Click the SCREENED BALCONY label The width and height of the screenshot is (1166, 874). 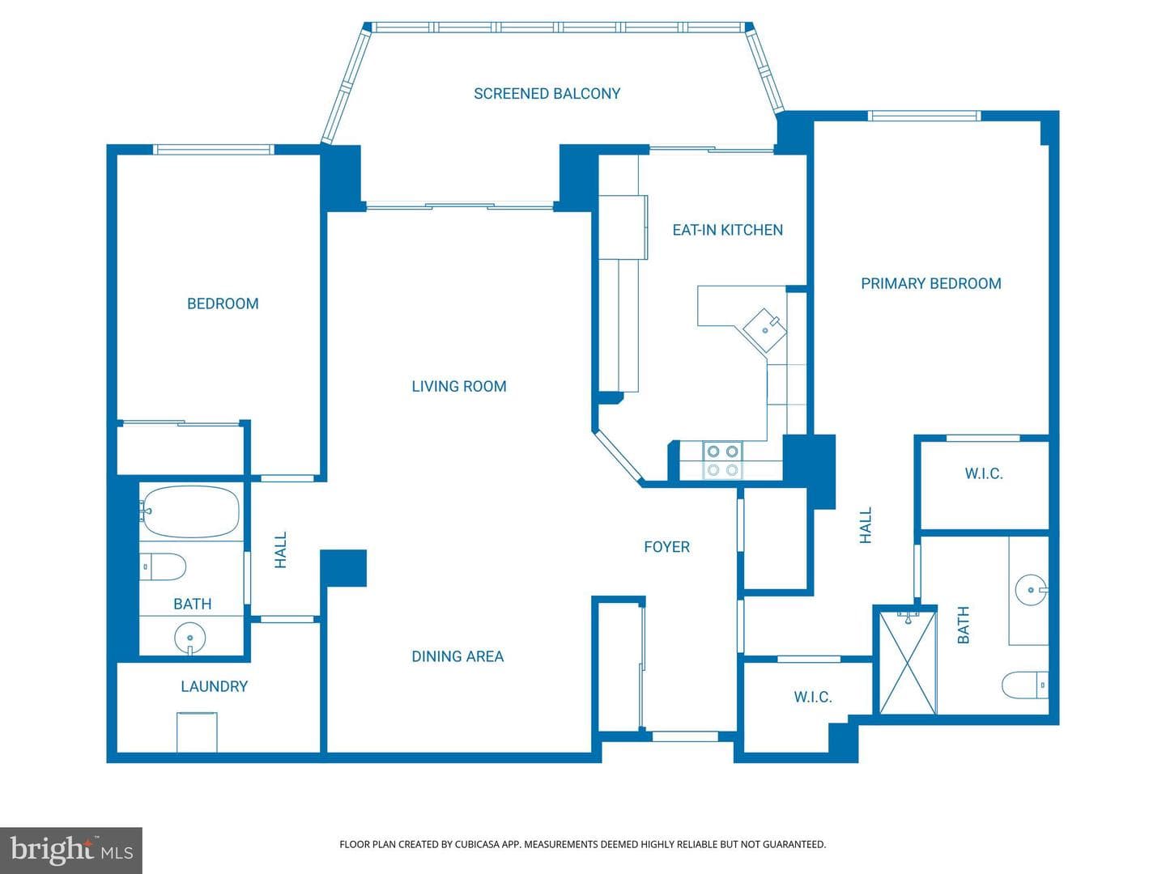547,94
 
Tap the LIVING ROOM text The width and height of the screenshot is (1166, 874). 459,386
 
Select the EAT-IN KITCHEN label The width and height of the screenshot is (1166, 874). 727,230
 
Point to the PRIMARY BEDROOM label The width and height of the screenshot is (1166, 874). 930,283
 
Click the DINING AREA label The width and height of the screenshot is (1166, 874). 457,656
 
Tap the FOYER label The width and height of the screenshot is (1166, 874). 666,546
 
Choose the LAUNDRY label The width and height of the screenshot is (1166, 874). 214,686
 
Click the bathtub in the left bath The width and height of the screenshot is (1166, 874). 190,511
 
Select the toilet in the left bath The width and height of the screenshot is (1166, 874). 163,566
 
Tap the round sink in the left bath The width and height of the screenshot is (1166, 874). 189,638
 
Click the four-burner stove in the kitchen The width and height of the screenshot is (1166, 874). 723,460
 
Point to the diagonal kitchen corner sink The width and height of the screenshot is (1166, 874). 764,330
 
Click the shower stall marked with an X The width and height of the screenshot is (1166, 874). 908,663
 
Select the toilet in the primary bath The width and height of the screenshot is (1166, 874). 1024,685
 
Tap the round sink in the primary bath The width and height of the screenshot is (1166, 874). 1031,590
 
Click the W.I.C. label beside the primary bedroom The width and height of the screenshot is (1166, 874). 984,473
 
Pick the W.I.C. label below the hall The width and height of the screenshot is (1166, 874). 813,697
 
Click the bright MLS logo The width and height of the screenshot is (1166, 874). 71,850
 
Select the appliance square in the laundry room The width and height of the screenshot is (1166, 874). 197,732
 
